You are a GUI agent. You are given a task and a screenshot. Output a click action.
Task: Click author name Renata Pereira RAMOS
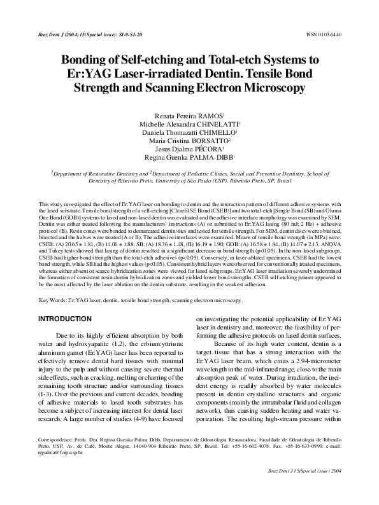(x=189, y=110)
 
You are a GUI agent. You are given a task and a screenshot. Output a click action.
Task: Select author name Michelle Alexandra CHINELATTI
(x=189, y=120)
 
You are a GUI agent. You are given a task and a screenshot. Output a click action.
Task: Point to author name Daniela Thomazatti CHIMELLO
(x=189, y=130)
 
